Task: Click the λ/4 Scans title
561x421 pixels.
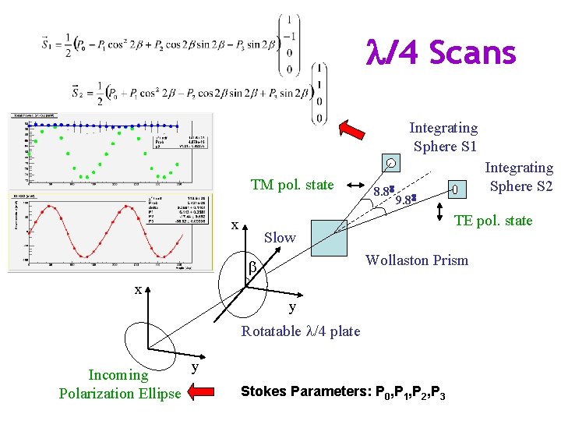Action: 441,53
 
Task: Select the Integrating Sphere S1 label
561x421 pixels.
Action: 444,137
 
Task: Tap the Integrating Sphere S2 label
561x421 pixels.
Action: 519,177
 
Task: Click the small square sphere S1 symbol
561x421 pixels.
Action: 391,163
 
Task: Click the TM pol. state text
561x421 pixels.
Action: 291,186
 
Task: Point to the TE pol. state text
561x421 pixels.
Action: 493,221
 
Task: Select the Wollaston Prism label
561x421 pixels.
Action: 417,260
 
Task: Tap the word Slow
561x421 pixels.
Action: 280,238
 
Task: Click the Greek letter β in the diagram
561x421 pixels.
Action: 252,268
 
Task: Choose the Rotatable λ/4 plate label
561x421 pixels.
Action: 301,331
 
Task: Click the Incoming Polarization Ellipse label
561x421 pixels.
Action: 119,384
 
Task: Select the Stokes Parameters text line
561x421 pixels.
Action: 344,392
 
